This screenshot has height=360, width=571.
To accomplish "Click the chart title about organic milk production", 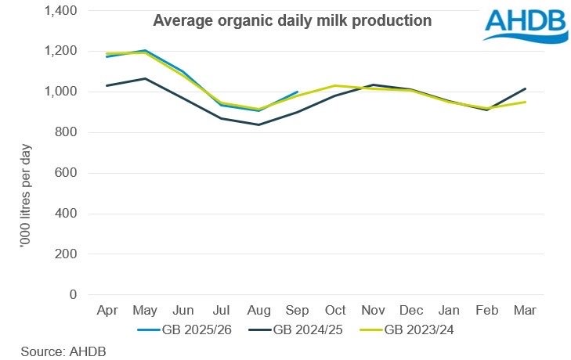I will click(x=292, y=20).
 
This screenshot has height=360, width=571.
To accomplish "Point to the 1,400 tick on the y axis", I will click(x=61, y=10).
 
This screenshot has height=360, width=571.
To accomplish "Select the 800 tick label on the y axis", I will click(x=67, y=132).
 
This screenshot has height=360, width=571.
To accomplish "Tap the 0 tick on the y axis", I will click(x=73, y=295).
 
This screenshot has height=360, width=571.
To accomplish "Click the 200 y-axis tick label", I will click(x=67, y=254).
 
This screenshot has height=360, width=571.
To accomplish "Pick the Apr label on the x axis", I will click(x=107, y=311).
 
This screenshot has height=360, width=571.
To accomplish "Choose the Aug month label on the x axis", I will click(x=258, y=311).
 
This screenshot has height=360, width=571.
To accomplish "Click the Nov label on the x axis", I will click(x=372, y=311).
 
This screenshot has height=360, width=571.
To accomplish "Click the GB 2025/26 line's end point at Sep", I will click(x=297, y=92).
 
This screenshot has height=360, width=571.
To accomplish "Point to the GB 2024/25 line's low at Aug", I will click(x=258, y=124).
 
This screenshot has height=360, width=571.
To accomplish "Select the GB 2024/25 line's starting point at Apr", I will click(x=107, y=85).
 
